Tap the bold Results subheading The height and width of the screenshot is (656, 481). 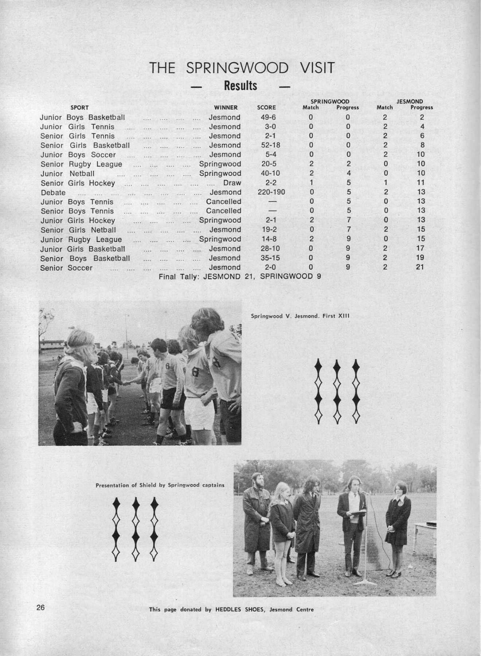[240, 86]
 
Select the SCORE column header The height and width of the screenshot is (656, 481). [266, 108]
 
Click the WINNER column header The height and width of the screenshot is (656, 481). [226, 108]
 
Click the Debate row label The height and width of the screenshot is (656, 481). [53, 192]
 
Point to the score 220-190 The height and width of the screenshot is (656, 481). [271, 192]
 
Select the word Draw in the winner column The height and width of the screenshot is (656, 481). [232, 183]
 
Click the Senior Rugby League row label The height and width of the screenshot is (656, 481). [81, 164]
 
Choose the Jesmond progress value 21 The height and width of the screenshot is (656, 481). [420, 267]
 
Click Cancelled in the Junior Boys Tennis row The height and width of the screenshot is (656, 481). [223, 202]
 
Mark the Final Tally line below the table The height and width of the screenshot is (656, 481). [240, 277]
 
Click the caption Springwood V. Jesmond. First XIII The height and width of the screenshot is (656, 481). [300, 316]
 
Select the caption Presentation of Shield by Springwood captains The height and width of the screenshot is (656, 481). [160, 485]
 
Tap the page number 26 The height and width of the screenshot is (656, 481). [40, 608]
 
